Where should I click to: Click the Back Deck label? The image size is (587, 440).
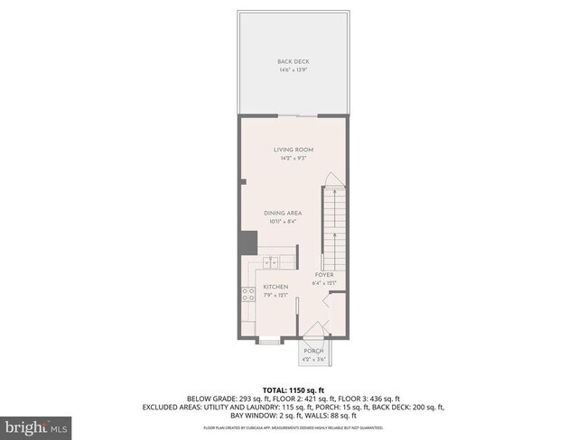[x=293, y=61]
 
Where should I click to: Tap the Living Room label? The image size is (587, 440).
[x=293, y=151]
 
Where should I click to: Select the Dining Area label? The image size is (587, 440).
[x=282, y=213]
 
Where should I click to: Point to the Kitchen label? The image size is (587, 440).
[x=275, y=287]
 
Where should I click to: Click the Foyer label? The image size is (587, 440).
[x=324, y=274]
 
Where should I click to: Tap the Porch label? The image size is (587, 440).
[x=313, y=352]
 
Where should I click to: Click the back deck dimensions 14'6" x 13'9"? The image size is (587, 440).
[x=293, y=69]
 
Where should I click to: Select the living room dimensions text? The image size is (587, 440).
[x=293, y=159]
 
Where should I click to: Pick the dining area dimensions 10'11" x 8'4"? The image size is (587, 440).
[x=282, y=221]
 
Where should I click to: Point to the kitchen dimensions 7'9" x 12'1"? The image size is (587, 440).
[x=275, y=295]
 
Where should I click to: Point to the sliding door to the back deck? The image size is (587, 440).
[x=298, y=116]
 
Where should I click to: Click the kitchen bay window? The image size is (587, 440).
[x=268, y=341]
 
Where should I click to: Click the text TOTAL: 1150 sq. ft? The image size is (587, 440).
[x=293, y=389]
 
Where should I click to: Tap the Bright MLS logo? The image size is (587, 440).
[x=36, y=425]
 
